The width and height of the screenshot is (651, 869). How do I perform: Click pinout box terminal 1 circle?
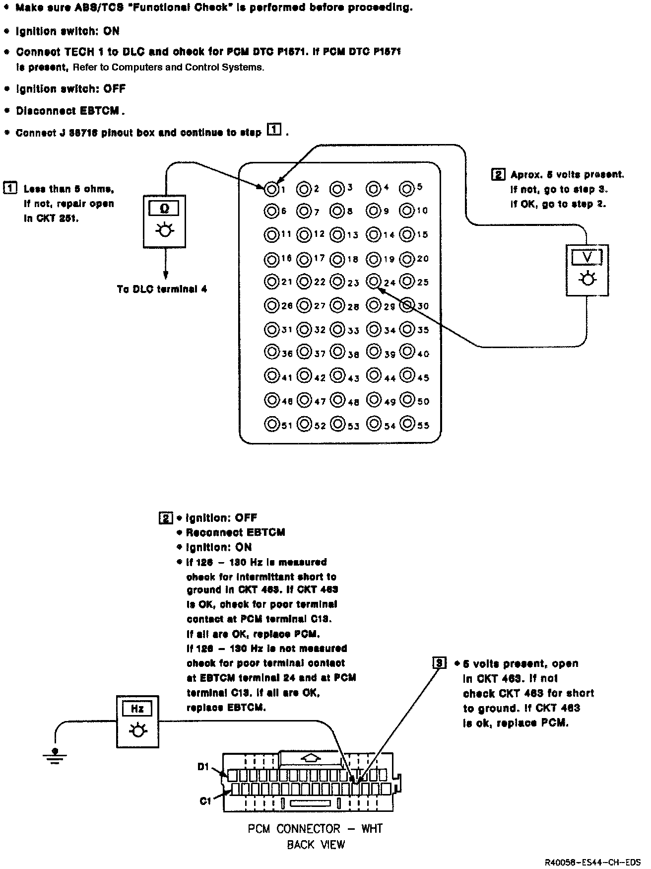point(271,189)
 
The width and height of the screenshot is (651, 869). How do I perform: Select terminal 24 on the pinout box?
point(373,282)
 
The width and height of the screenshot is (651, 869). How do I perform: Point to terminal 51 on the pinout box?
point(271,425)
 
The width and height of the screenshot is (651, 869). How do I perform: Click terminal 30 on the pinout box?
point(407,305)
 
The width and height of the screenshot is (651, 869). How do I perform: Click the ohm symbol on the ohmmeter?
point(164,209)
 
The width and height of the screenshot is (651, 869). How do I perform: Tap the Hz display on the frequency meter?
point(137,709)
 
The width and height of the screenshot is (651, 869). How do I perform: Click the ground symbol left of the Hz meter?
point(55,755)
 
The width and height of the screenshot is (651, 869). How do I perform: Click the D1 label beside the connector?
point(203,767)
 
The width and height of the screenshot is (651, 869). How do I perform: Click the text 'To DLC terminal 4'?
point(162,290)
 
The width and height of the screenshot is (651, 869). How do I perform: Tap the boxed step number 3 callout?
point(439,663)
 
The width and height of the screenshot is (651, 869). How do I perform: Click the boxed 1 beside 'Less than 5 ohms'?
point(9,189)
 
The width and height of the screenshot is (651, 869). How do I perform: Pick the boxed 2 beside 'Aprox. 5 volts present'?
point(498,175)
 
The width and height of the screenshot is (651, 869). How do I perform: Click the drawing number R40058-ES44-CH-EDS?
point(593,862)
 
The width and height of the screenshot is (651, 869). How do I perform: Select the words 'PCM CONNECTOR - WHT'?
point(315,829)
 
